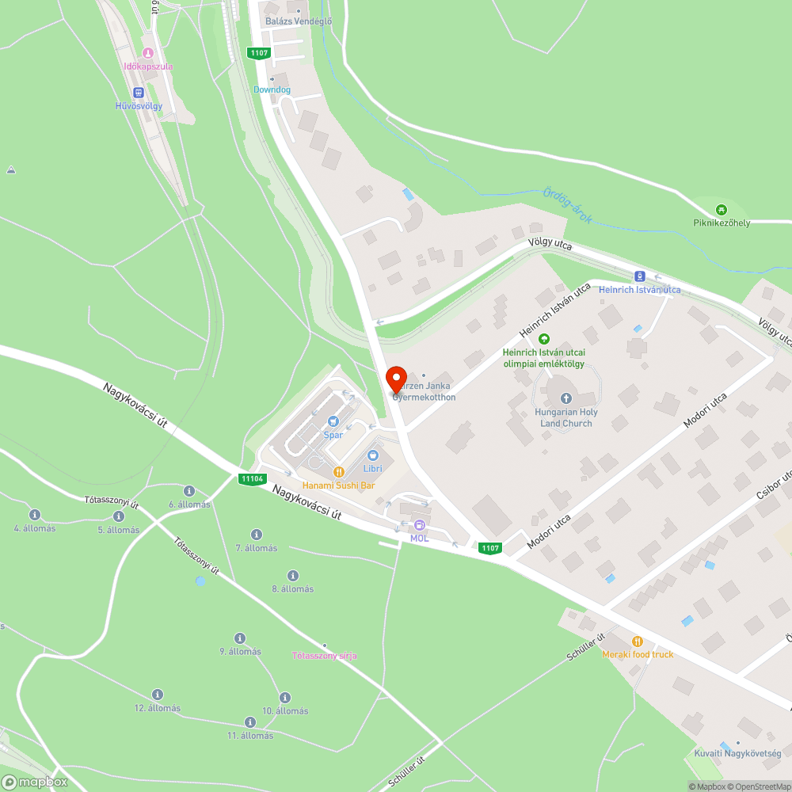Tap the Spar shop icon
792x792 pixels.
pos(333,421)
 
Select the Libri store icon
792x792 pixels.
pos(373,455)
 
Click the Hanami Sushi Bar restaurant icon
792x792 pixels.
pos(339,471)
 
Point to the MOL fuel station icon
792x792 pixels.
pos(420,524)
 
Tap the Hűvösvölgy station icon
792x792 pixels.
pos(139,92)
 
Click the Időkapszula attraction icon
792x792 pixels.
pos(147,53)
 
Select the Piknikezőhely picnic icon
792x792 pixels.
pos(721,209)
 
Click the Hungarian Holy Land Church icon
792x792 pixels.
pos(565,398)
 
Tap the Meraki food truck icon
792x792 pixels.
pos(637,641)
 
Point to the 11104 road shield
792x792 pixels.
pos(252,478)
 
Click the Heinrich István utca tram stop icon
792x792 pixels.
pos(639,276)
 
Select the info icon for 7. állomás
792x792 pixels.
pos(256,535)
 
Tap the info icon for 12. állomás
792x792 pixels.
pos(157,694)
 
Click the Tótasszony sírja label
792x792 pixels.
pos(325,656)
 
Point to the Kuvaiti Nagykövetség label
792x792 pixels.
pos(737,753)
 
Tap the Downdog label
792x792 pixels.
pos(272,89)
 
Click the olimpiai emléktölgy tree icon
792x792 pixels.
pos(543,339)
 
